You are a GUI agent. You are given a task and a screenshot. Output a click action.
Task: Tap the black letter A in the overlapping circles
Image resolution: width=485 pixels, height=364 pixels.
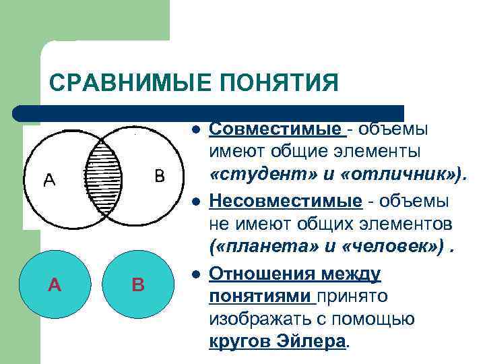50,180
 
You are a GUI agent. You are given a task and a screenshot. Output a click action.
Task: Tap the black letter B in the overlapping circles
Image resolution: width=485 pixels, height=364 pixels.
159,177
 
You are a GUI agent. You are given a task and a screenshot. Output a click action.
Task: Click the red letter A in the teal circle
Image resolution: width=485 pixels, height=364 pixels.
55,285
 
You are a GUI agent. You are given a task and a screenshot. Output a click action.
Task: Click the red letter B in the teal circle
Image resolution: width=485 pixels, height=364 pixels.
137,285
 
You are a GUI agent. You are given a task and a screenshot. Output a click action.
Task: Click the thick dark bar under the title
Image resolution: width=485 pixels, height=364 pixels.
209,113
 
